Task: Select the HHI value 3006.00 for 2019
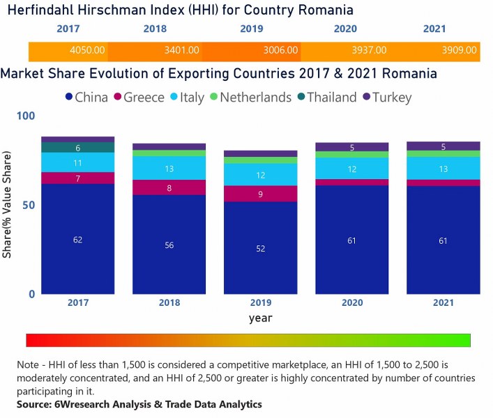[x=280, y=51]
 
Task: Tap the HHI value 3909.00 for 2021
[x=459, y=51]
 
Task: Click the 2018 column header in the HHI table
[x=155, y=29]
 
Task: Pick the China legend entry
[x=86, y=98]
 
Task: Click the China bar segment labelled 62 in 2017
[x=77, y=239]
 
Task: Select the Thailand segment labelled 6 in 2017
[x=77, y=147]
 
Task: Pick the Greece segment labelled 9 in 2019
[x=261, y=194]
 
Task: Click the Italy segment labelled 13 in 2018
[x=169, y=168]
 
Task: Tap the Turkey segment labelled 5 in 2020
[x=353, y=147]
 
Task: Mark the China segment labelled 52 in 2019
[x=261, y=248]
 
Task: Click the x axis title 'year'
[x=261, y=318]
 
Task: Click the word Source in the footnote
[x=34, y=404]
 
